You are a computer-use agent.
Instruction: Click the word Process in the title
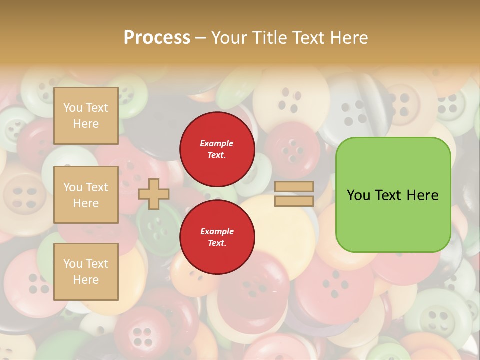(157, 38)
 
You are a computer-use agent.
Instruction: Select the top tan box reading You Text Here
(86, 116)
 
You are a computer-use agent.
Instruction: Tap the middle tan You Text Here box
(86, 195)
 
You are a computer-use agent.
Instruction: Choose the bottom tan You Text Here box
(86, 272)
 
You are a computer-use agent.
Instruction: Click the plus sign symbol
(154, 194)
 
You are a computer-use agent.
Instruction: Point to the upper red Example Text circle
(217, 149)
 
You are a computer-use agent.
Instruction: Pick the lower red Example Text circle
(217, 237)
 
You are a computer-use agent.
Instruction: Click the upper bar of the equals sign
(294, 187)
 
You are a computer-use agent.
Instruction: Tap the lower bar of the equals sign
(294, 201)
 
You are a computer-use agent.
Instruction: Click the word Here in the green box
(423, 195)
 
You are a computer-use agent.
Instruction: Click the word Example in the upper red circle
(217, 143)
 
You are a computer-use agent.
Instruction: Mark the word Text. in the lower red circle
(217, 243)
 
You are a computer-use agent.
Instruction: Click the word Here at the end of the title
(348, 38)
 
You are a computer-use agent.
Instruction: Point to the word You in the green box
(358, 195)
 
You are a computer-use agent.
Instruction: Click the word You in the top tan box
(73, 108)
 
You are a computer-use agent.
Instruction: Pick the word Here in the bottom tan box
(86, 280)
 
